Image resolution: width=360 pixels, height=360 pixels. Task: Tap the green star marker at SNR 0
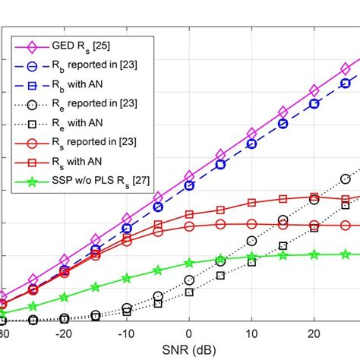pyautogui.click(x=189, y=263)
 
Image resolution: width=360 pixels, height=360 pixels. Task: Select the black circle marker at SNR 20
pyautogui.click(x=314, y=200)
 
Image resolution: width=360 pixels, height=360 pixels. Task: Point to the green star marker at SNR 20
pyautogui.click(x=314, y=255)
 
